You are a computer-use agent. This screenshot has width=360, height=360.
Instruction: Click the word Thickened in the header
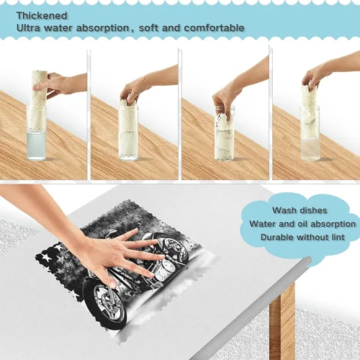[42, 16]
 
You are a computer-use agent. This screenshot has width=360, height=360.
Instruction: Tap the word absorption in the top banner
[102, 28]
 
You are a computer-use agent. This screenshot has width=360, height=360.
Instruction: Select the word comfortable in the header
[214, 28]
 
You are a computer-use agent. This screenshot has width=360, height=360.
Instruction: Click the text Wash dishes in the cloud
[300, 210]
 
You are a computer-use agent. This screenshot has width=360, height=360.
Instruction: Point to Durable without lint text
[302, 237]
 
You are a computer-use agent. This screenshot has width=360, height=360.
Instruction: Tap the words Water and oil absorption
[302, 224]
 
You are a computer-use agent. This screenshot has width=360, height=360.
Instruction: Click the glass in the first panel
[36, 133]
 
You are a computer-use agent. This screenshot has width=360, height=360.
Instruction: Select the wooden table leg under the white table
[282, 322]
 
